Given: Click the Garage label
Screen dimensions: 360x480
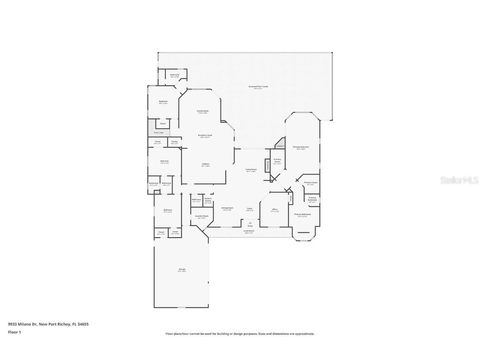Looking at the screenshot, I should click(182, 270).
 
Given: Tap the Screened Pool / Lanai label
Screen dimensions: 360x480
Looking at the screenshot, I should click(258, 87).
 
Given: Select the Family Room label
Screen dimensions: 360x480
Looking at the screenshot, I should click(203, 111).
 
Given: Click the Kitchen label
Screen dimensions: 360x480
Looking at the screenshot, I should click(206, 165).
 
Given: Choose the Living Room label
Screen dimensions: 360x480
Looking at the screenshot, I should click(251, 170).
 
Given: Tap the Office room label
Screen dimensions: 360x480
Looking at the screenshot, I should click(275, 210).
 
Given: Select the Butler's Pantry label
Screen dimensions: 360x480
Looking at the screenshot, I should click(208, 200).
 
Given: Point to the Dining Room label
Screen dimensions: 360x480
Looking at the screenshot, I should click(227, 208).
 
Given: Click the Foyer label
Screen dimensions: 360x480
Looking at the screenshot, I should click(250, 209).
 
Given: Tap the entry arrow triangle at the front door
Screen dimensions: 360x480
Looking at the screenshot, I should click(250, 223).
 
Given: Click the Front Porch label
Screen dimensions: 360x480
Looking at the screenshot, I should click(249, 232).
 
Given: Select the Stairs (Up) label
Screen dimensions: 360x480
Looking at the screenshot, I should click(159, 132).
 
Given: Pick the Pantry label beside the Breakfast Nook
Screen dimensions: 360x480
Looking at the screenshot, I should click(174, 142).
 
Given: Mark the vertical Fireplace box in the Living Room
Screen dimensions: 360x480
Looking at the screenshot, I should click(267, 165).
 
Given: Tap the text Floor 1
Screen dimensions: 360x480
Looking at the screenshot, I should click(14, 332).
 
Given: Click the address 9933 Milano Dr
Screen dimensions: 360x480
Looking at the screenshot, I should click(22, 324).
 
